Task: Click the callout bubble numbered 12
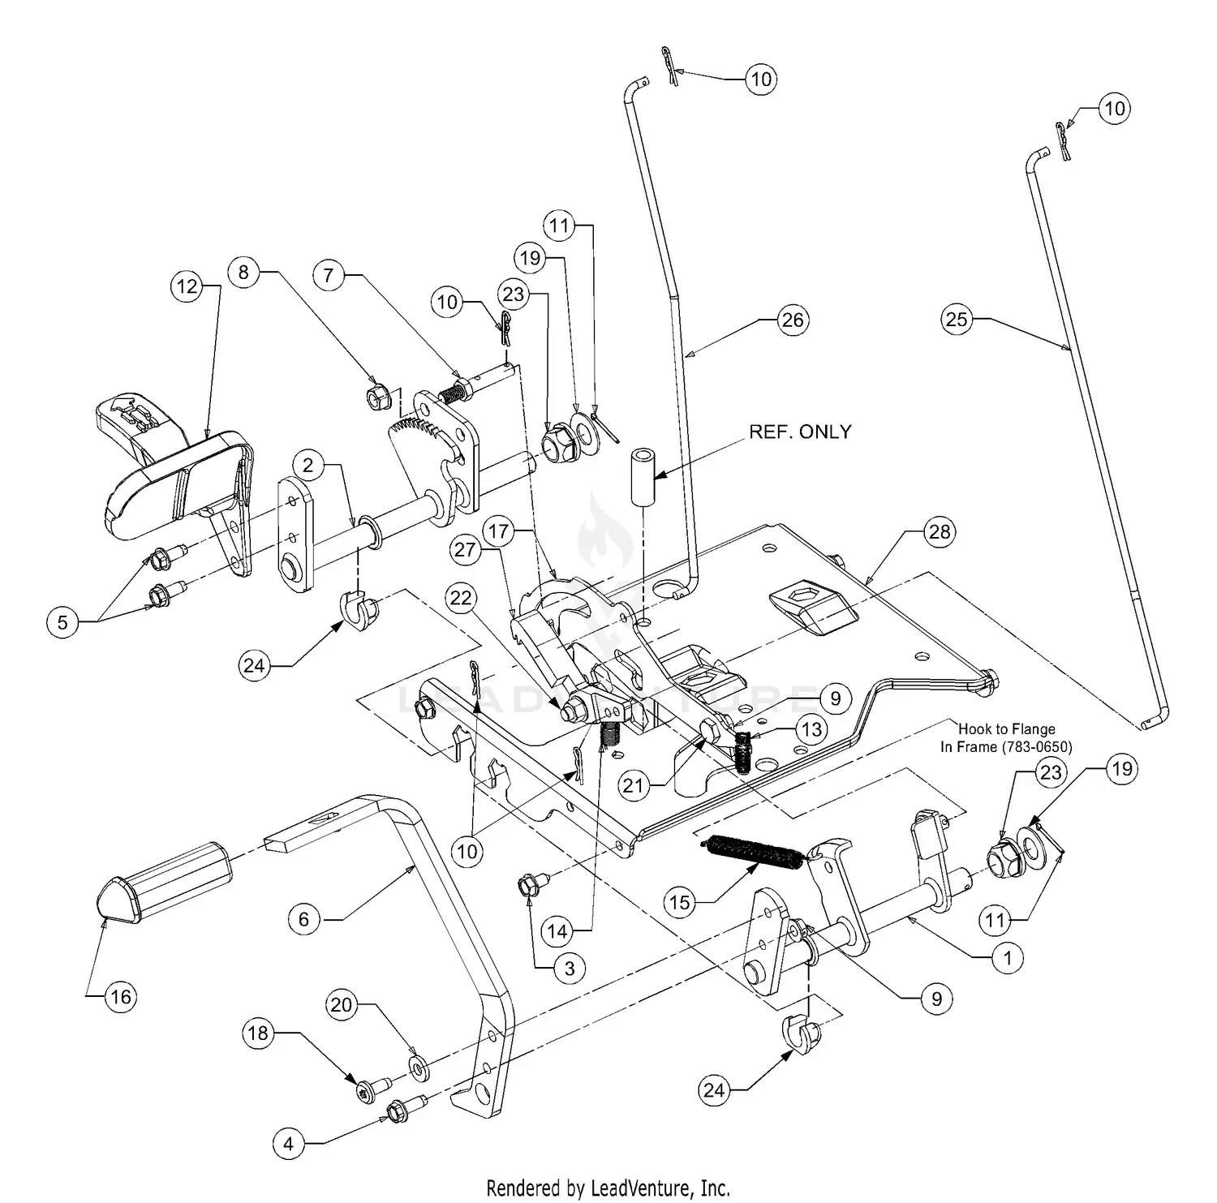pos(187,287)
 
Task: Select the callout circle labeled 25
pos(957,319)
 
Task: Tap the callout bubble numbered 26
pos(792,320)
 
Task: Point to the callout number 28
pos(940,532)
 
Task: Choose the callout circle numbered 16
pos(121,996)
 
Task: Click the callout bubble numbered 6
pos(304,918)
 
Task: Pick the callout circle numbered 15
pos(681,901)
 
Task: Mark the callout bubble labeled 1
pos(1008,958)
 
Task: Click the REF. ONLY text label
pos(800,432)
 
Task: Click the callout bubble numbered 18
pos(257,1033)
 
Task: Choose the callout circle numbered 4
pos(288,1145)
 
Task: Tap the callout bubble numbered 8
pos(243,272)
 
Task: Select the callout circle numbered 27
pos(465,550)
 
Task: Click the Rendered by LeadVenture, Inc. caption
pos(608,1189)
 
